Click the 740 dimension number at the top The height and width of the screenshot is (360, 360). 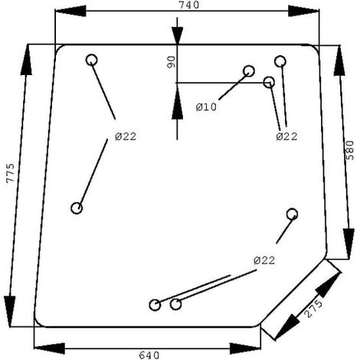pyautogui.click(x=189, y=5)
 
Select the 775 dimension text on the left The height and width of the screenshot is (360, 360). pyautogui.click(x=11, y=173)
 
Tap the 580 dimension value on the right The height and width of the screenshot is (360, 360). pyautogui.click(x=350, y=150)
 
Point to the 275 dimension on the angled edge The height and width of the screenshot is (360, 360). pyautogui.click(x=314, y=309)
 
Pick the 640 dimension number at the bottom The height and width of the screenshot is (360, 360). pyautogui.click(x=149, y=355)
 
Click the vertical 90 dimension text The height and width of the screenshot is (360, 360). pyautogui.click(x=172, y=62)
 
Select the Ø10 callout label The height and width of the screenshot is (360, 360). pyautogui.click(x=206, y=106)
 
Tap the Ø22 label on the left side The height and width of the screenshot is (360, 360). pyautogui.click(x=126, y=136)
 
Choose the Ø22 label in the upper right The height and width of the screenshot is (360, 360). pyautogui.click(x=286, y=136)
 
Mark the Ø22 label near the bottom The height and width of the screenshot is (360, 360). pyautogui.click(x=264, y=260)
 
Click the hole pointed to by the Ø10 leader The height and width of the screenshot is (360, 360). pyautogui.click(x=249, y=71)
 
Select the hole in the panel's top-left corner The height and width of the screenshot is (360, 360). pyautogui.click(x=92, y=60)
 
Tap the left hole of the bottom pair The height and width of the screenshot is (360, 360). pyautogui.click(x=155, y=305)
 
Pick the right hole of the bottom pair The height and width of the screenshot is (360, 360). pyautogui.click(x=175, y=304)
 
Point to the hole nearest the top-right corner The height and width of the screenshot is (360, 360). pyautogui.click(x=280, y=61)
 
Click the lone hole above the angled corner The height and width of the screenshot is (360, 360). pyautogui.click(x=292, y=214)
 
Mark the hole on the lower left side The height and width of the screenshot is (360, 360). pyautogui.click(x=77, y=208)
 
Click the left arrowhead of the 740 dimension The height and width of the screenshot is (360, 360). pyautogui.click(x=70, y=11)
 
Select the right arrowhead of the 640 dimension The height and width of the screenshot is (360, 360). pyautogui.click(x=245, y=349)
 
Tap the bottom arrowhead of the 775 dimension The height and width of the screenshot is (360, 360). pyautogui.click(x=10, y=312)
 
